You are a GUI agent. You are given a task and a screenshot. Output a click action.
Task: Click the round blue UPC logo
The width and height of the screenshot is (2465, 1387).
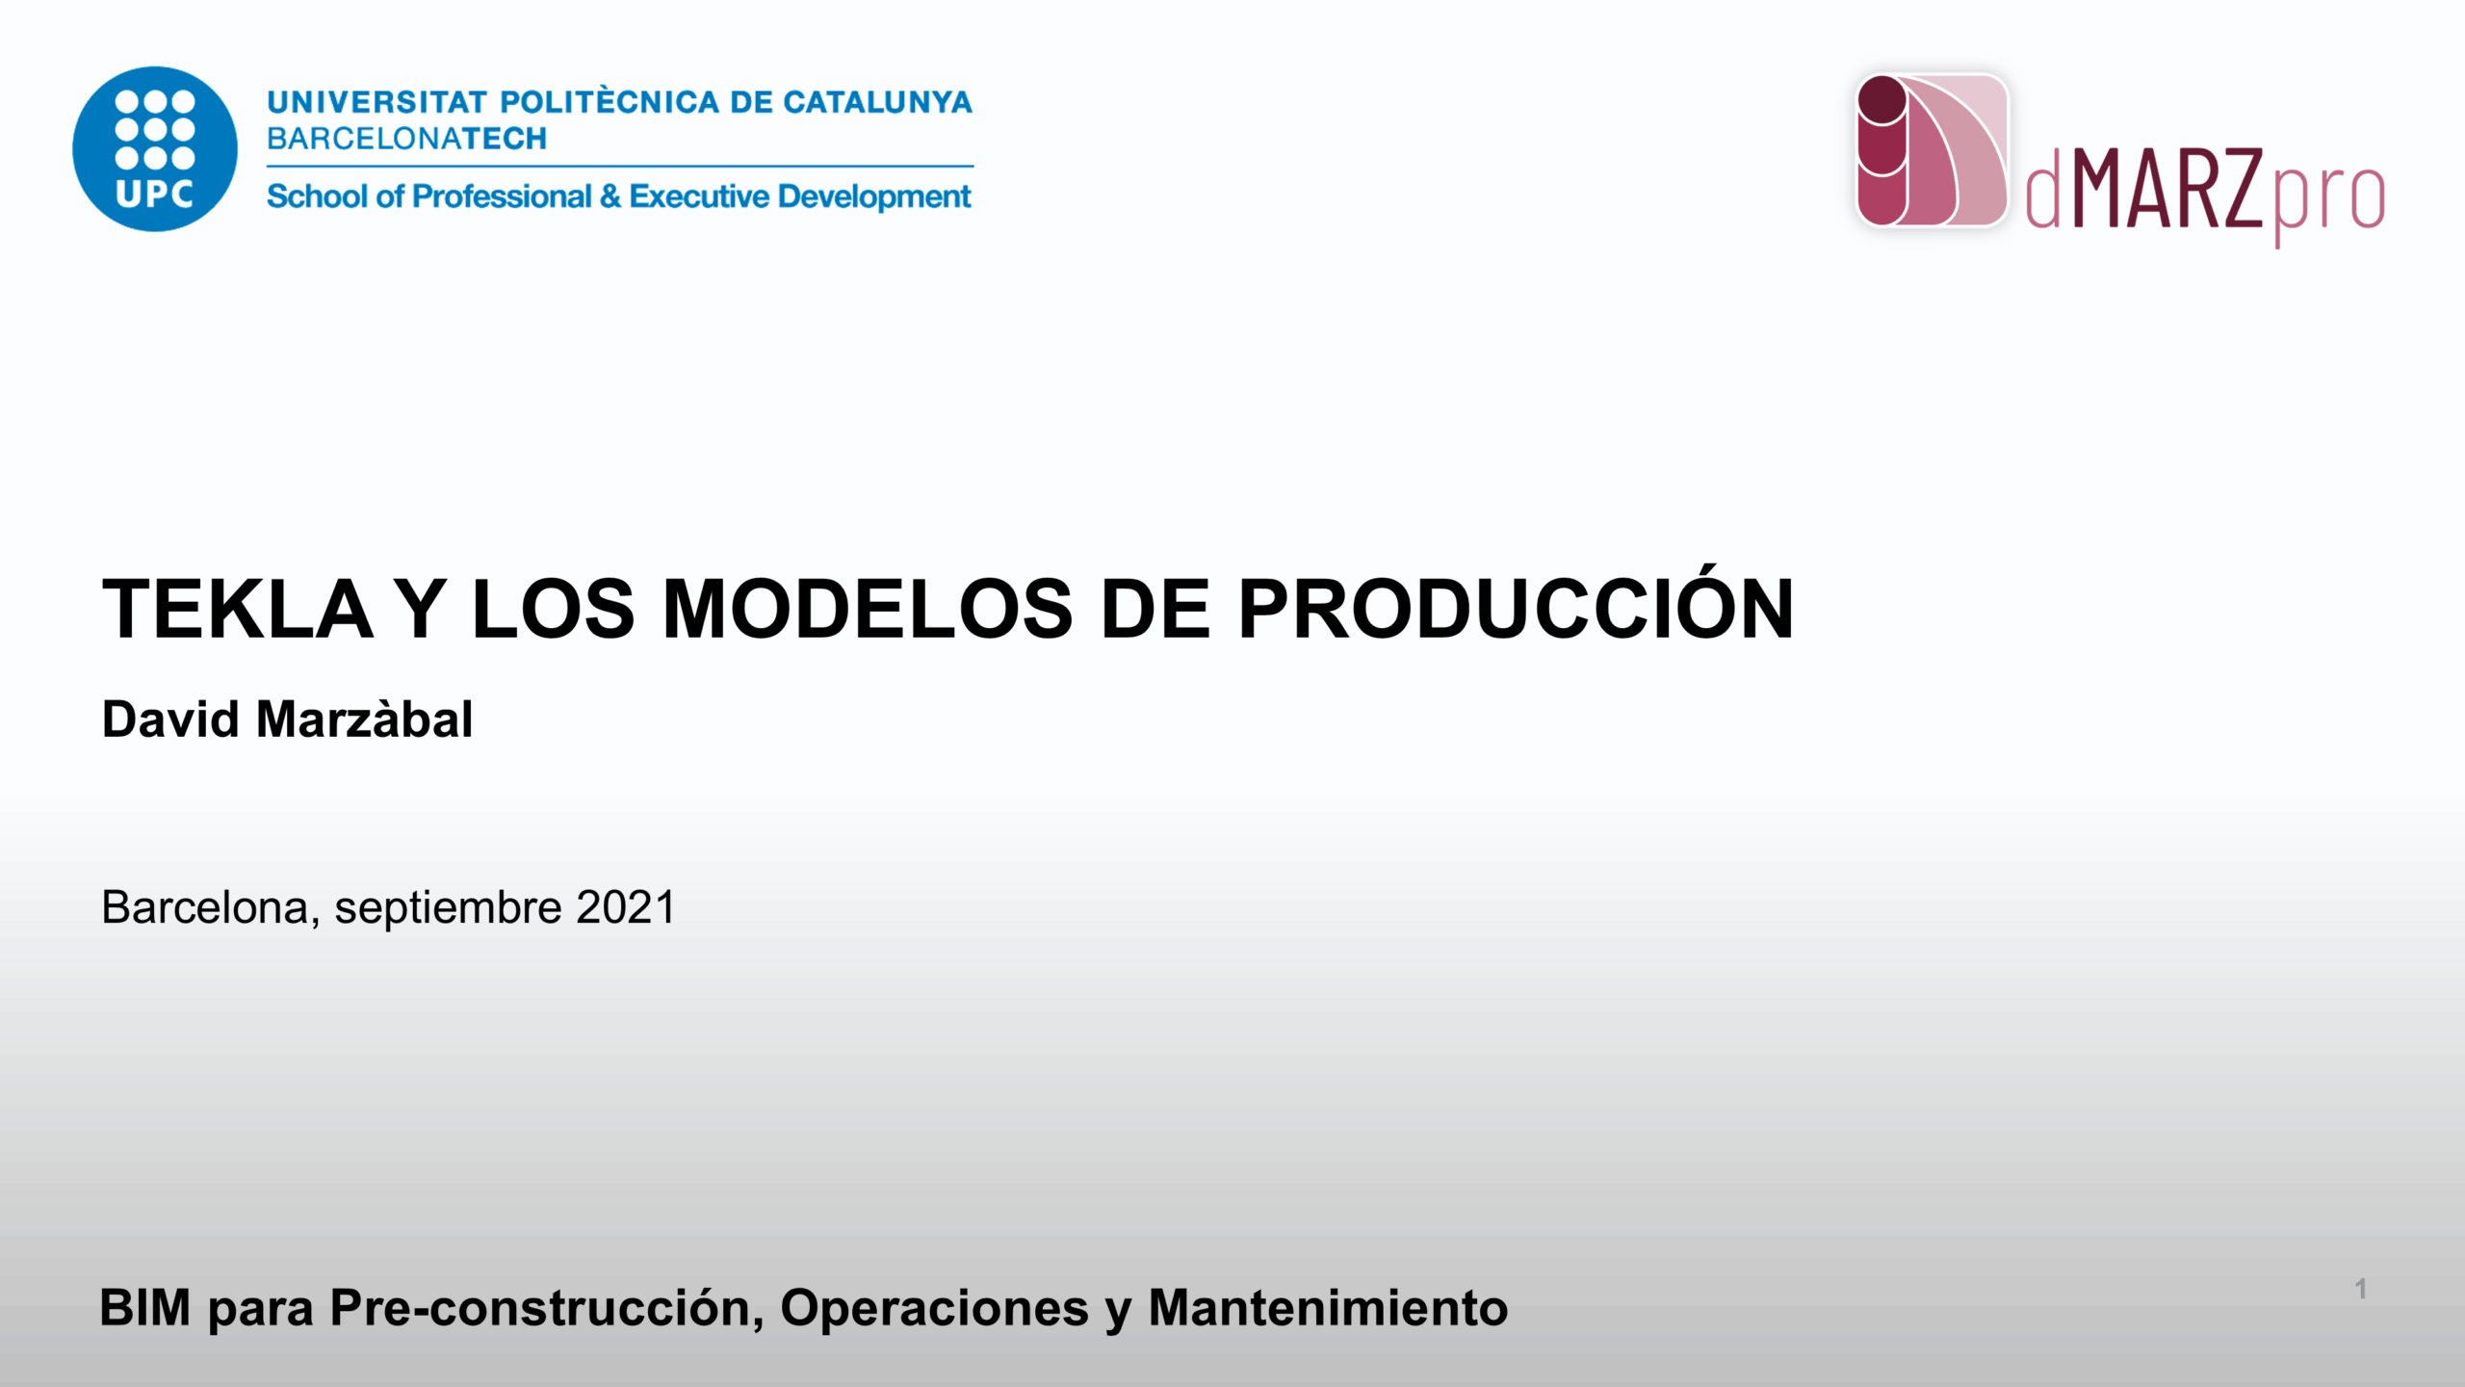pyautogui.click(x=155, y=149)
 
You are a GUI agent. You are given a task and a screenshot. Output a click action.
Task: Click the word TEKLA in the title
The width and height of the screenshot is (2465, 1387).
pyautogui.click(x=237, y=609)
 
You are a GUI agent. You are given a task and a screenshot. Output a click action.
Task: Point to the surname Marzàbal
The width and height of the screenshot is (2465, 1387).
pyautogui.click(x=364, y=720)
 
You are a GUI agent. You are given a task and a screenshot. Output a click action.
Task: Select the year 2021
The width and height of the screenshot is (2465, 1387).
pyautogui.click(x=626, y=907)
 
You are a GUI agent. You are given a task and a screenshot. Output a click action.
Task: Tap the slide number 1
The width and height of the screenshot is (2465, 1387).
pyautogui.click(x=2361, y=1289)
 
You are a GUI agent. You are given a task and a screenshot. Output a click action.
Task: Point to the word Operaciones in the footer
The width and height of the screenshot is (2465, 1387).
pyautogui.click(x=934, y=1311)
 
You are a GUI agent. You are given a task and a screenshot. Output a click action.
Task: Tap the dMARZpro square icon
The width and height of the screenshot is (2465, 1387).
pyautogui.click(x=1932, y=150)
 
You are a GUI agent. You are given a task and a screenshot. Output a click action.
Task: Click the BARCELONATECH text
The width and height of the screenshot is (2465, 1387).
pyautogui.click(x=406, y=139)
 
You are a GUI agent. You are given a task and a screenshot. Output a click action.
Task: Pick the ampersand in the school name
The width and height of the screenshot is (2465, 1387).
pyautogui.click(x=610, y=196)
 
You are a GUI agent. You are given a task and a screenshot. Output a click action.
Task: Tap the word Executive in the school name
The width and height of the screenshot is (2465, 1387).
pyautogui.click(x=699, y=196)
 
